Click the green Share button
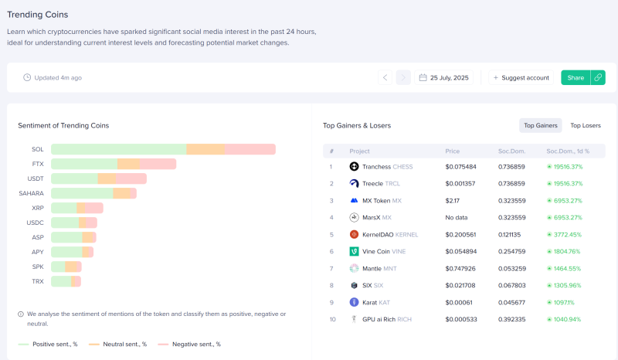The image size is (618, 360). coord(576,78)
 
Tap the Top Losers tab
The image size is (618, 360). coord(586,125)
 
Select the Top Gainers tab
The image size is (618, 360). coord(540,125)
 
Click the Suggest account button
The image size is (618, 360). coord(521,78)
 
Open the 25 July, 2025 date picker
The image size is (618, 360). coord(443,78)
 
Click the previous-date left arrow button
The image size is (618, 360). coord(385,78)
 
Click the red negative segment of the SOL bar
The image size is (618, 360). coord(250,149)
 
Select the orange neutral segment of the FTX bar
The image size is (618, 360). coord(128,164)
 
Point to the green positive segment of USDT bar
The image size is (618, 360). coord(74,178)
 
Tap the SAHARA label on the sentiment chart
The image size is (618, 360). coord(31,193)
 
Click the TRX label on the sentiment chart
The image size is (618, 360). coord(38,281)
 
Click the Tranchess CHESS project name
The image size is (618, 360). coord(388,167)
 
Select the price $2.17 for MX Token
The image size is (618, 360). coord(453,201)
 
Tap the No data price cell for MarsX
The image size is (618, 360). coord(457,218)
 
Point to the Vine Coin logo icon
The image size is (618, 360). coord(354,252)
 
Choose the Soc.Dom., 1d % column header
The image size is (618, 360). coord(568,151)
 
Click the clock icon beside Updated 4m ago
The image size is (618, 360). coord(27,78)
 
